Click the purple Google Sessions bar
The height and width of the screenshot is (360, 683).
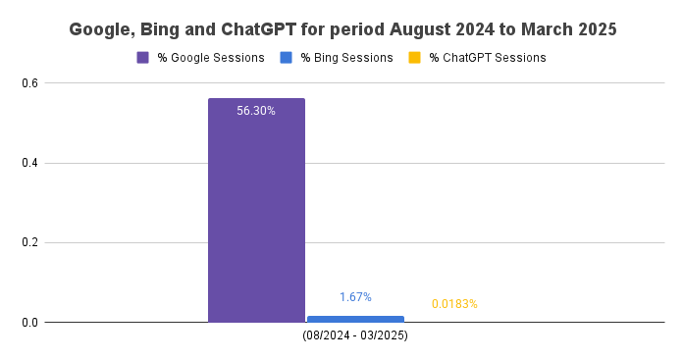pos(256,210)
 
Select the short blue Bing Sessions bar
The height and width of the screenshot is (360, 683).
pos(355,319)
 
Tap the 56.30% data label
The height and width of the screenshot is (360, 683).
pos(256,111)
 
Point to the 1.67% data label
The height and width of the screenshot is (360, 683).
pos(355,296)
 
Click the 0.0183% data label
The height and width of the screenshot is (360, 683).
pos(454,304)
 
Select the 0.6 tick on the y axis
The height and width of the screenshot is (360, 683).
pos(30,83)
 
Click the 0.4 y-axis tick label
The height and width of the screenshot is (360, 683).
pos(30,163)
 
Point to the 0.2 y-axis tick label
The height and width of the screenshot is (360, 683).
pos(30,242)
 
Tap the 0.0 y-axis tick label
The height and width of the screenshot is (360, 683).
pos(30,322)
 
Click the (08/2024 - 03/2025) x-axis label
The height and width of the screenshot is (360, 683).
pos(355,335)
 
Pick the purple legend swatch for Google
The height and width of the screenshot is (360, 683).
pos(143,58)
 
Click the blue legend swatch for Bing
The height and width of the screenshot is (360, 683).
pos(286,58)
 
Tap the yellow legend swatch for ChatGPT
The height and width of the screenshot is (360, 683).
pos(415,58)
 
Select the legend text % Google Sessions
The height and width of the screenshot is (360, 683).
pos(210,58)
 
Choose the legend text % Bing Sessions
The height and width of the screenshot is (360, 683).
pos(346,58)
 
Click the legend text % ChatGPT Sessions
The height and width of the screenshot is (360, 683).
pos(487,58)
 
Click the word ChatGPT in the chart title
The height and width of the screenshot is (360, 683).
pos(228,29)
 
